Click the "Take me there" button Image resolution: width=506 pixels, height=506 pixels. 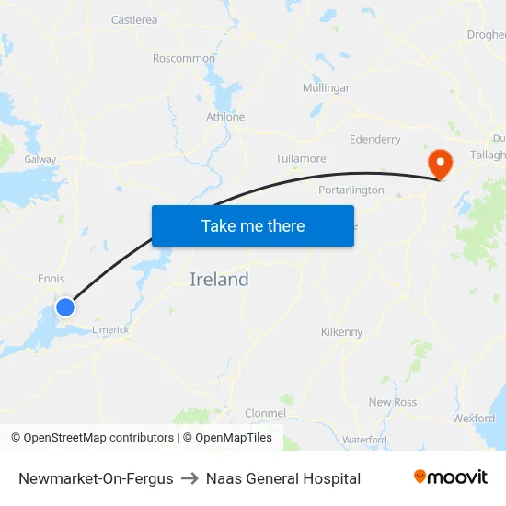253,225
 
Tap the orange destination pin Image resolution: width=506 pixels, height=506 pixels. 441,164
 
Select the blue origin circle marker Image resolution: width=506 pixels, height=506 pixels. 65,306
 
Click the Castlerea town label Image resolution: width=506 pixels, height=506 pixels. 134,19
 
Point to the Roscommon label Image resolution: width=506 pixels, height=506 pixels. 184,58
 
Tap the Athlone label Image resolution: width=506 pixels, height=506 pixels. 225,117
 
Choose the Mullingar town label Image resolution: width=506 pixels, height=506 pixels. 326,88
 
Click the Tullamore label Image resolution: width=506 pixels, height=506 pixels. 301,158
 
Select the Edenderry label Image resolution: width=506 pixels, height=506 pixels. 375,140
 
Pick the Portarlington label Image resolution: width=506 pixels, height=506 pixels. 351,190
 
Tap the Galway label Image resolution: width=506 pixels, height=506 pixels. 40,159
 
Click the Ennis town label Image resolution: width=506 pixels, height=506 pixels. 52,278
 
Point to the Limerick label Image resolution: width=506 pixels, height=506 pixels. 109,329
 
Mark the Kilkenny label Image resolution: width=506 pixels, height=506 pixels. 341,331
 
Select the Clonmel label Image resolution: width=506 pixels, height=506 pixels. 266,413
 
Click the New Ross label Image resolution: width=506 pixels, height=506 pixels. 393,402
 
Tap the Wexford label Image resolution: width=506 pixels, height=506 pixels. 473,418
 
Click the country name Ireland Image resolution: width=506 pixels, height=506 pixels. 219,280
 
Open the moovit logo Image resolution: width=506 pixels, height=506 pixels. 451,477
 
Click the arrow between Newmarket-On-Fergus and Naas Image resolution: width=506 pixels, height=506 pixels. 190,478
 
